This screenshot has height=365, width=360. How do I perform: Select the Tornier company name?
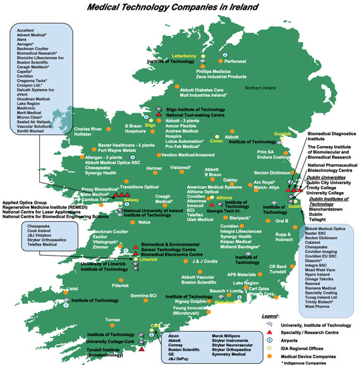(113, 320)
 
